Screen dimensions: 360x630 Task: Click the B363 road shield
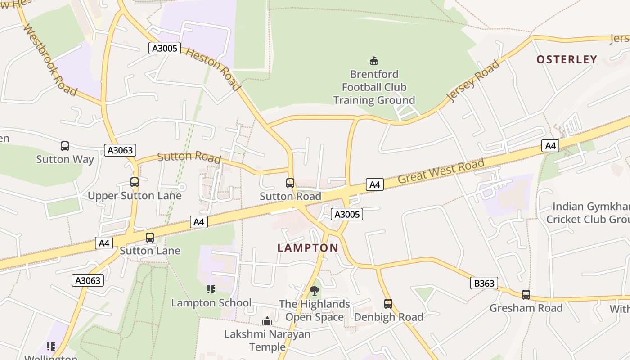click(x=484, y=283)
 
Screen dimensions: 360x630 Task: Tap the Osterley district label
click(x=567, y=59)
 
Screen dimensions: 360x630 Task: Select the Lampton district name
click(x=308, y=248)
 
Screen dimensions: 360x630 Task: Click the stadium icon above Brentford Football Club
click(x=373, y=61)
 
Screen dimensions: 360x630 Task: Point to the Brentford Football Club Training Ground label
click(x=374, y=87)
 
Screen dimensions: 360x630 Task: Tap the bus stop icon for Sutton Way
click(x=65, y=146)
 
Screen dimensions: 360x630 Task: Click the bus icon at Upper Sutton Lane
click(x=135, y=182)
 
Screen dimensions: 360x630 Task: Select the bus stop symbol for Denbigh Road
click(x=388, y=304)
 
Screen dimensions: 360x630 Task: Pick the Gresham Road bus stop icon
click(x=526, y=295)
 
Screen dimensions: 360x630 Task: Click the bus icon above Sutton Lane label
click(x=150, y=238)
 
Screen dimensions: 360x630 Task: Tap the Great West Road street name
click(x=441, y=171)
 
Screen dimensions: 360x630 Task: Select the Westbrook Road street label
click(x=49, y=59)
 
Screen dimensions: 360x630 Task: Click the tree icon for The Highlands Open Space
click(x=315, y=290)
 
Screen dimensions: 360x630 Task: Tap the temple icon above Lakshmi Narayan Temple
click(x=267, y=321)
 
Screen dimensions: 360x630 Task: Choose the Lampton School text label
click(x=211, y=303)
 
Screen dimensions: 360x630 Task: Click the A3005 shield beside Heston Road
click(x=165, y=48)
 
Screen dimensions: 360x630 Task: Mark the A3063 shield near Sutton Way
click(x=120, y=150)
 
